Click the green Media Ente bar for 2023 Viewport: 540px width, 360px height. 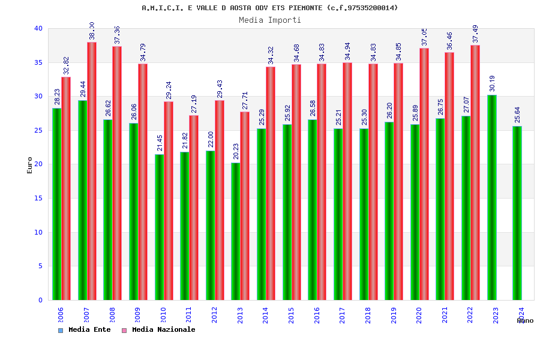(491, 198)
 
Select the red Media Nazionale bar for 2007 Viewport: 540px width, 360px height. (92, 171)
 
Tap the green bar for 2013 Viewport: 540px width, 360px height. (235, 231)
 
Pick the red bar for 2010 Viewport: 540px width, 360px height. (169, 201)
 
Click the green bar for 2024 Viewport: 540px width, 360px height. (517, 213)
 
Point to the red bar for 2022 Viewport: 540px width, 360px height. (475, 173)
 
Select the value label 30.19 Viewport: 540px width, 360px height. (492, 83)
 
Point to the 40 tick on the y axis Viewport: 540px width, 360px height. (38, 28)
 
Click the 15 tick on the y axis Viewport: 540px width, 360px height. (38, 198)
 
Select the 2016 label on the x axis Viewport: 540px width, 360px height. (317, 316)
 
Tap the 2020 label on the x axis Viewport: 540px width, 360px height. (419, 316)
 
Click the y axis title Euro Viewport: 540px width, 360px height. (30, 165)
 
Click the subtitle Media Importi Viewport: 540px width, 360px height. (270, 20)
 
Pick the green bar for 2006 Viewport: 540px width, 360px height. (56, 204)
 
